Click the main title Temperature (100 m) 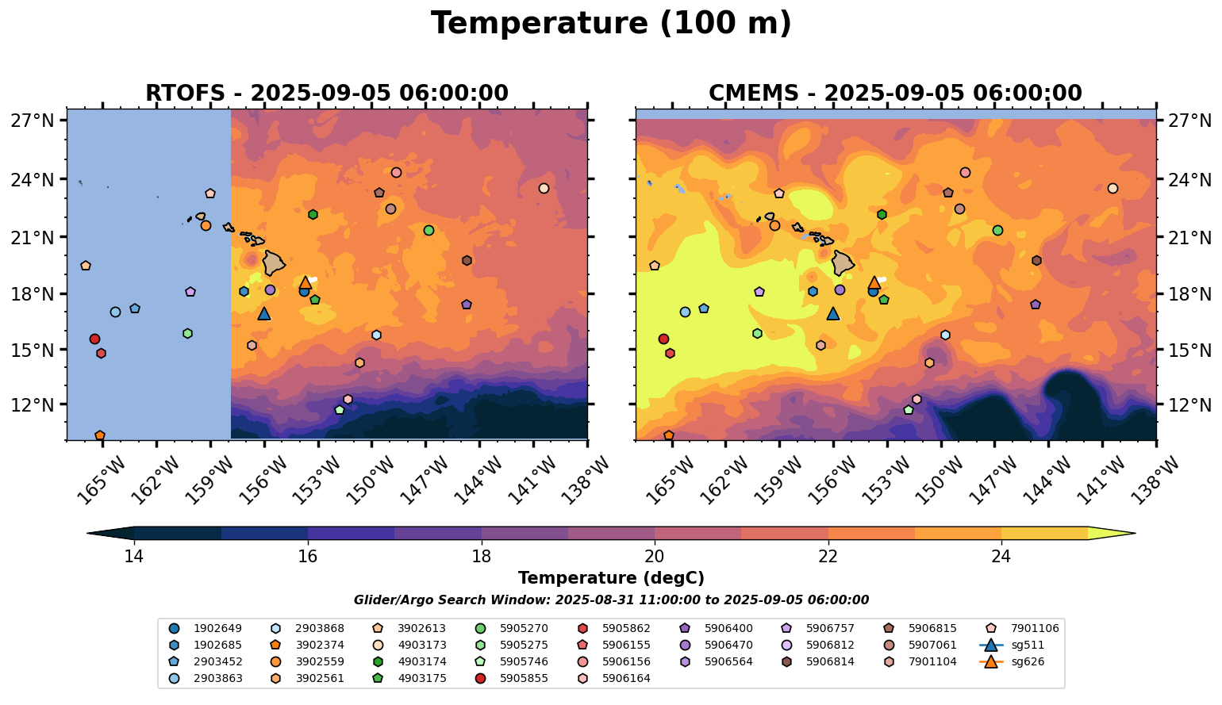(611, 24)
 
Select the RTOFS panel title (326, 94)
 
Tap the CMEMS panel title (895, 94)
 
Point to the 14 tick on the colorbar (134, 556)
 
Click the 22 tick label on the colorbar (828, 556)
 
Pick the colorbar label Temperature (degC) (611, 578)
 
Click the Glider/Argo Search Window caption (611, 600)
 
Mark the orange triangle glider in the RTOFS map (305, 283)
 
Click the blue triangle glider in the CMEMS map (832, 313)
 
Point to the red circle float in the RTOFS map (94, 339)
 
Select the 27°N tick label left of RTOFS (32, 121)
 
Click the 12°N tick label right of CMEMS (1191, 405)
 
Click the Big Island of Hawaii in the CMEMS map (843, 262)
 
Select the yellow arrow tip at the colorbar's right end (1130, 534)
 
